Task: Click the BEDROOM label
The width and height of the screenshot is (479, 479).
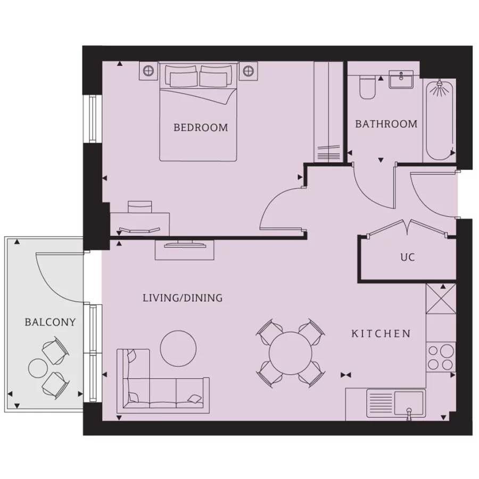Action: (201, 128)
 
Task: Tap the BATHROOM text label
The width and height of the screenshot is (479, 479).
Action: (386, 124)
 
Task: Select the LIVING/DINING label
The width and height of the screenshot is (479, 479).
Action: (182, 298)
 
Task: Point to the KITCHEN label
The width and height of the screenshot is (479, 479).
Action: (381, 334)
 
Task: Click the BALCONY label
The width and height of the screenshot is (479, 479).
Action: (50, 322)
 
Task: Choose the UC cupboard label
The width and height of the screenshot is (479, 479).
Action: (407, 257)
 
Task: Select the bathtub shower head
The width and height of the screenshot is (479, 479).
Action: (439, 86)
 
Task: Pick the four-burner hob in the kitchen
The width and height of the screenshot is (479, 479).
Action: (441, 357)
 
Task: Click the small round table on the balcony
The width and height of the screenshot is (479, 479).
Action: (38, 368)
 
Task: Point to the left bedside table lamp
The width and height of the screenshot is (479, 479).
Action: (149, 70)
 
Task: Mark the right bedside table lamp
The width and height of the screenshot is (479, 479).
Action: (248, 70)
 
